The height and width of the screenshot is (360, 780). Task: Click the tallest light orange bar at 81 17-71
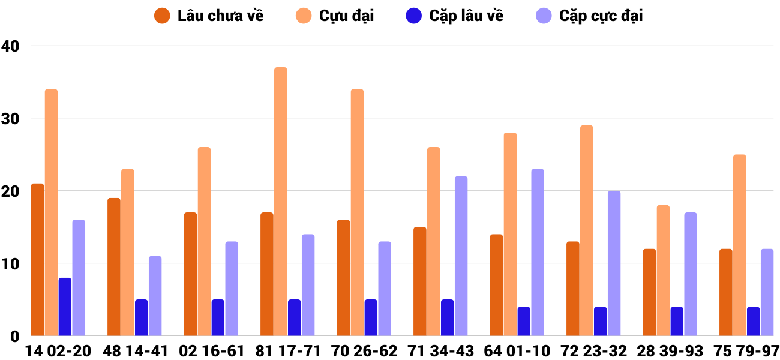pyautogui.click(x=281, y=202)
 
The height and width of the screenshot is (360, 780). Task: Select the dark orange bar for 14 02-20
pyautogui.click(x=37, y=260)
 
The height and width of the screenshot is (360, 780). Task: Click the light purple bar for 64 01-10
pyautogui.click(x=538, y=253)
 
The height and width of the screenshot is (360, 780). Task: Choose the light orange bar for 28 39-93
pyautogui.click(x=663, y=271)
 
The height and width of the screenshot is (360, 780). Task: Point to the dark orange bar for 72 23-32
pyautogui.click(x=573, y=289)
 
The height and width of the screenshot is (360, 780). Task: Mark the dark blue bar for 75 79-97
pyautogui.click(x=753, y=322)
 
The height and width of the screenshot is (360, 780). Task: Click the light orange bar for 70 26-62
pyautogui.click(x=357, y=212)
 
